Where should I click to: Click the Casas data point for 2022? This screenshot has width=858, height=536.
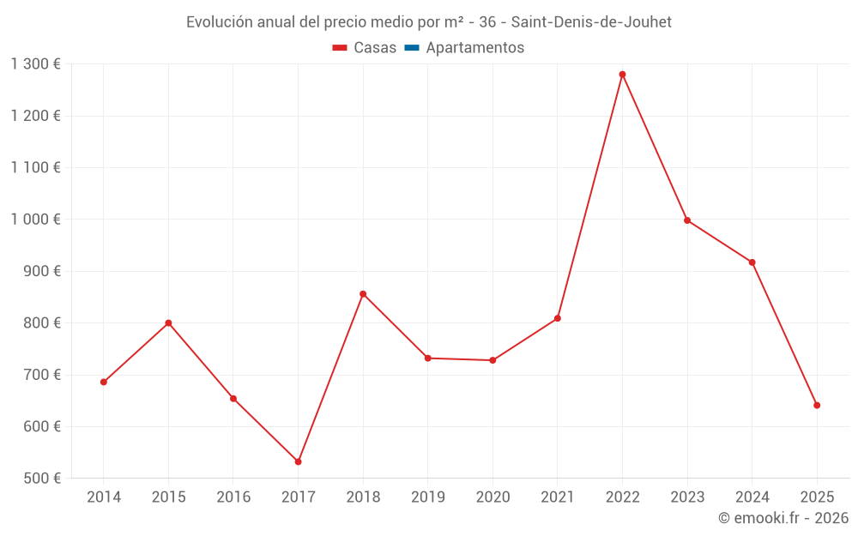[622, 75]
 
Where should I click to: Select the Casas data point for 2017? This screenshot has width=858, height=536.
[298, 461]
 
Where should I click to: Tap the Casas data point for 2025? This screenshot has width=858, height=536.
[817, 405]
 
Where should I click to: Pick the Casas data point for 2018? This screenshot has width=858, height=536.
[363, 294]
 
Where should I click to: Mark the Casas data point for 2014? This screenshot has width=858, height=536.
[104, 382]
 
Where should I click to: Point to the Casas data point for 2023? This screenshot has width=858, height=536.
[687, 220]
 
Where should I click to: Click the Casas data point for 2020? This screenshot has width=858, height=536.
[492, 360]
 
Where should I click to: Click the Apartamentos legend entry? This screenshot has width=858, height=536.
[474, 48]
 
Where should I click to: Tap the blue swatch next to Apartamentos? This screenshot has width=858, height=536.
[411, 48]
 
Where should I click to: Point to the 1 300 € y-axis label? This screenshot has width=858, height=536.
[35, 63]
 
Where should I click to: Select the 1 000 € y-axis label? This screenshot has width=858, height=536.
[35, 219]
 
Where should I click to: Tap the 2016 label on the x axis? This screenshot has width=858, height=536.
[233, 497]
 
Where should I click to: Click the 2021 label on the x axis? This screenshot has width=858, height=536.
[558, 497]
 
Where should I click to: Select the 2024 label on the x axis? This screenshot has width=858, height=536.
[752, 497]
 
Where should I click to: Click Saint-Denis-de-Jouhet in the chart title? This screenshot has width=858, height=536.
[591, 21]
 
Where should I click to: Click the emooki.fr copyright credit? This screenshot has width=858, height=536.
[783, 518]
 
